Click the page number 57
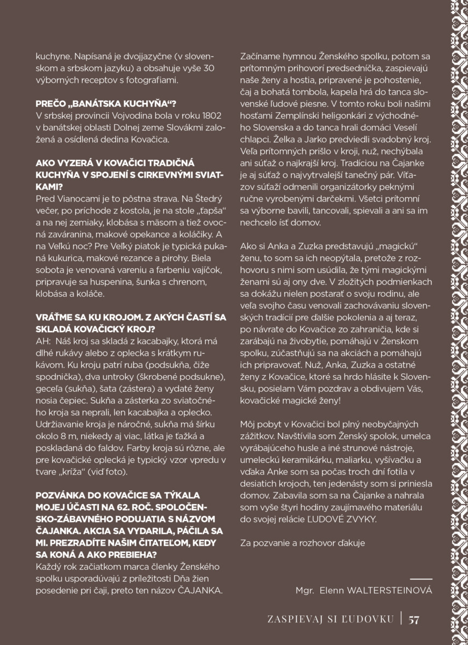413,619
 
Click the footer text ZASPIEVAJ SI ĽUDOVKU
330,619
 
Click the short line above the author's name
421,579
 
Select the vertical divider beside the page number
401,619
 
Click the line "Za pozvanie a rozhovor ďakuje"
303,543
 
